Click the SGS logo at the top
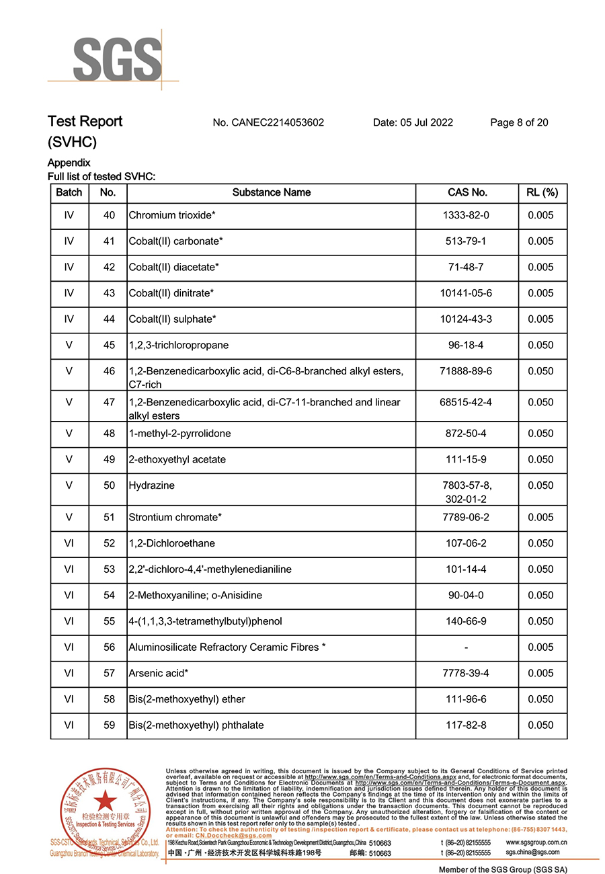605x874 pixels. [117, 58]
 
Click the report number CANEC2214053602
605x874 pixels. [268, 122]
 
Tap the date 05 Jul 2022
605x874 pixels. [413, 122]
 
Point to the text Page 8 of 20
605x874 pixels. [519, 122]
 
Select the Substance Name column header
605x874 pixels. [271, 193]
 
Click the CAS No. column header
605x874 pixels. [467, 193]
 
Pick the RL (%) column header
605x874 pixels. [542, 193]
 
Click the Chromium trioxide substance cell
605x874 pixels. [171, 216]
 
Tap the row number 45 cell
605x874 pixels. [108, 346]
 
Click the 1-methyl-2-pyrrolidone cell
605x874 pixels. [179, 434]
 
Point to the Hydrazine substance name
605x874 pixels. [151, 485]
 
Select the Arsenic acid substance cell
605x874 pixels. [158, 674]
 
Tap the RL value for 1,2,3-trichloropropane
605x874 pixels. [541, 346]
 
